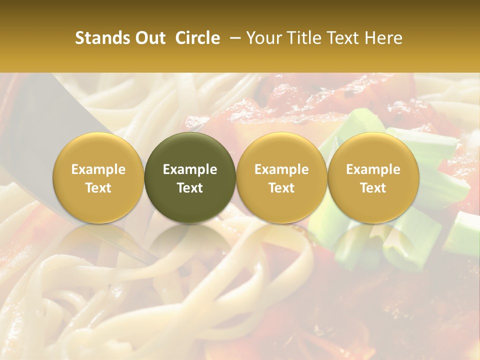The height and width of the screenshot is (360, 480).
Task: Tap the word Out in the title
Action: coord(149,38)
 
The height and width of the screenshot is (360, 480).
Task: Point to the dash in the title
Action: coord(233,38)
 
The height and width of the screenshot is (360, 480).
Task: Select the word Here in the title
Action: coord(385,38)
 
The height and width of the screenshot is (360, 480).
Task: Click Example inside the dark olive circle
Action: coord(190,169)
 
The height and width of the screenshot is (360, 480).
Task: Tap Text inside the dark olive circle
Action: coord(190,188)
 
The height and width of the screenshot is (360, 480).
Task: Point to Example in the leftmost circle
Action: coord(98,169)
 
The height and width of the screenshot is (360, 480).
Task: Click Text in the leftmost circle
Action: coord(98,188)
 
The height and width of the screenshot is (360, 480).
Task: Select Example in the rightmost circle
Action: coord(373,169)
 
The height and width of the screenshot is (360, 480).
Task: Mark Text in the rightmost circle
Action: coord(373,188)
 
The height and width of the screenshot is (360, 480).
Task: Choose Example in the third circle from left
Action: coord(281,169)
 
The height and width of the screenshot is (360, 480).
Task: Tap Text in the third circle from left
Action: coord(281,188)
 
